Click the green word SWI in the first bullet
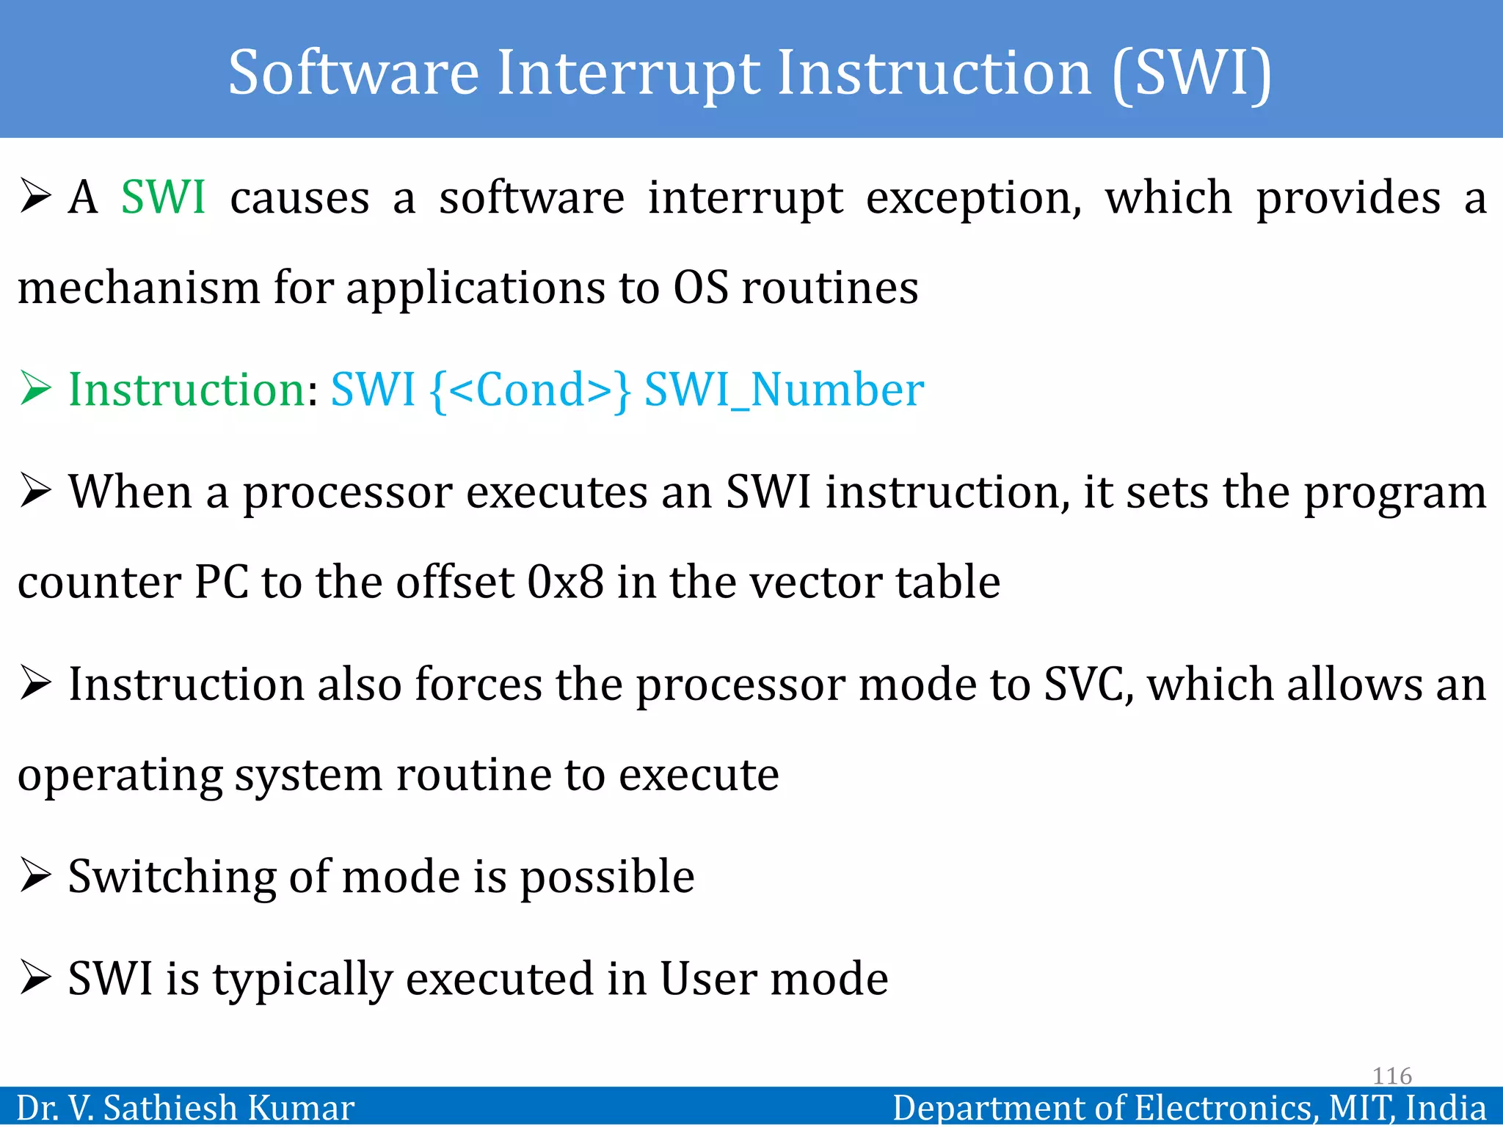pos(163,198)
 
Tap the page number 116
pos(1391,1076)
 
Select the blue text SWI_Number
pos(784,390)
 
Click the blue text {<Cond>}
pos(530,390)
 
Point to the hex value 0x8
pos(565,583)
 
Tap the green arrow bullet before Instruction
pos(35,388)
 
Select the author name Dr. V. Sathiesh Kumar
pos(185,1108)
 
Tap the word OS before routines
pos(701,288)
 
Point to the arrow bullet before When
pos(35,491)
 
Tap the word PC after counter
pos(221,583)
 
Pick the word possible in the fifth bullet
pos(607,878)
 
